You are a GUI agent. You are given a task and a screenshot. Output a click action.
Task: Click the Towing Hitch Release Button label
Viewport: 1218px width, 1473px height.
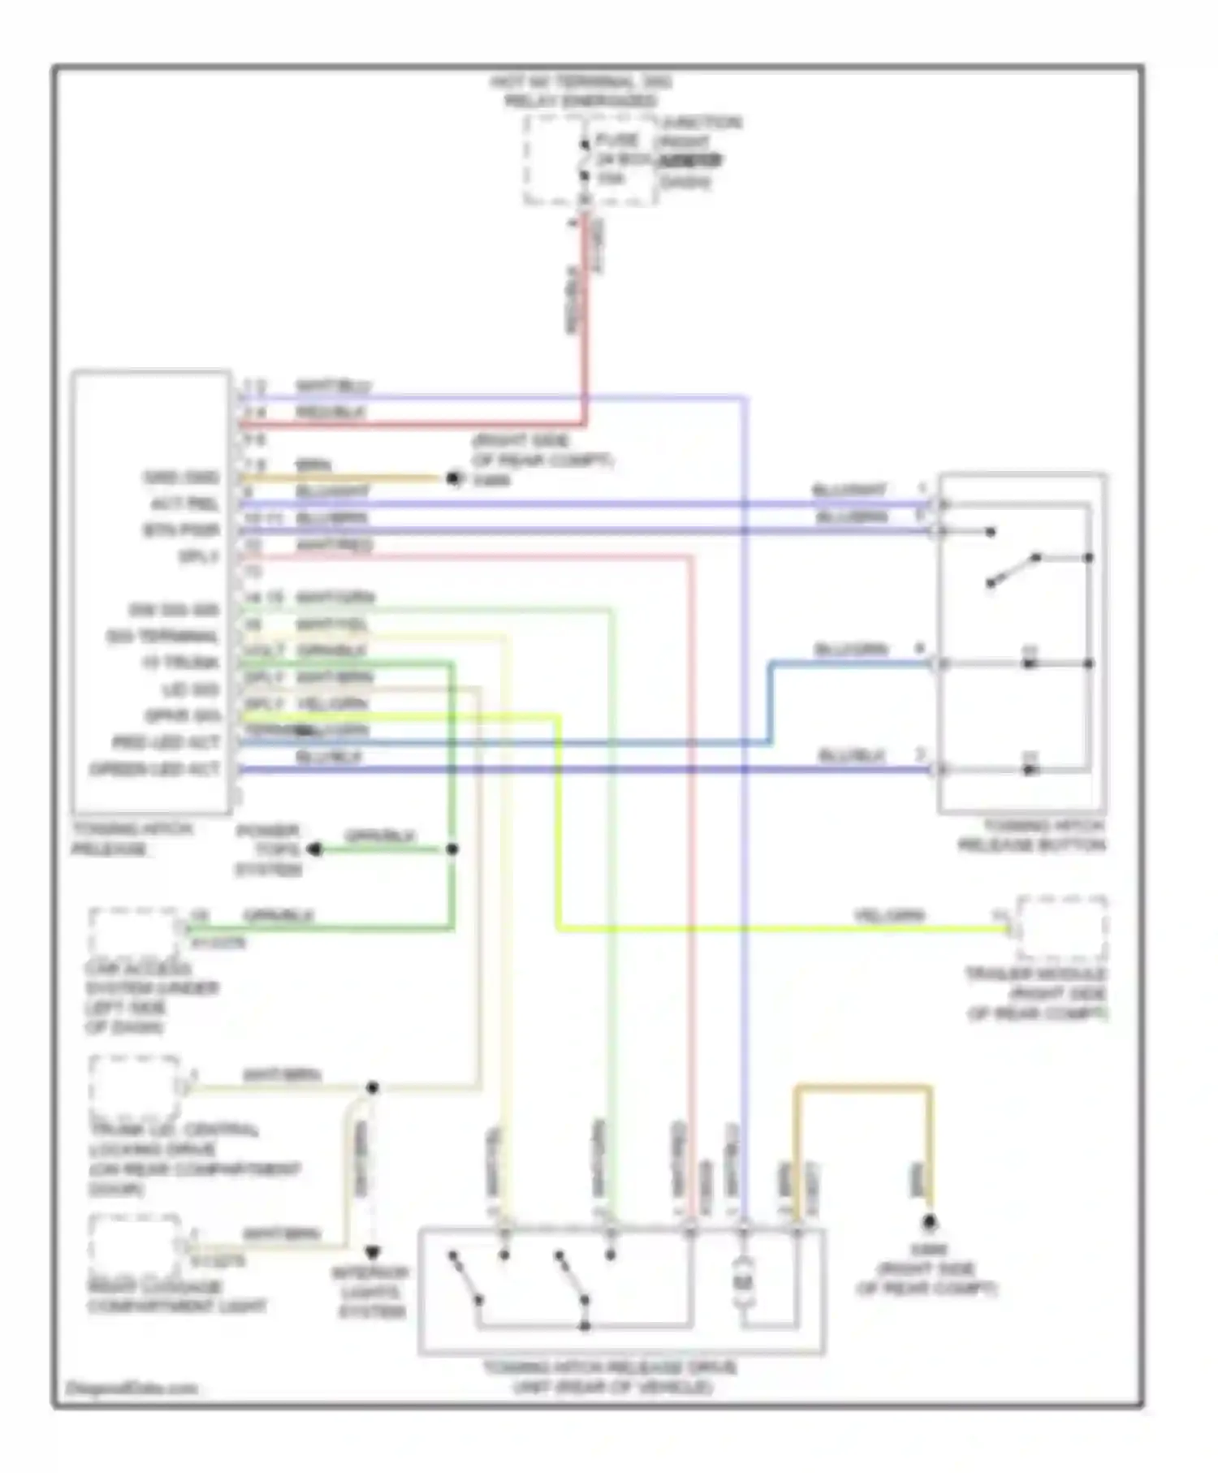pos(1031,836)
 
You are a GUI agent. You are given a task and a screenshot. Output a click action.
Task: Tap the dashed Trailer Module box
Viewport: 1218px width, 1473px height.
pos(1061,928)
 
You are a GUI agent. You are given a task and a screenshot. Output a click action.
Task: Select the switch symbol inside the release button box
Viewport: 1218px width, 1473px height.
pos(1013,570)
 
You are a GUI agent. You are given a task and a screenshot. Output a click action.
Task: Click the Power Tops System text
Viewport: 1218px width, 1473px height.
pos(268,850)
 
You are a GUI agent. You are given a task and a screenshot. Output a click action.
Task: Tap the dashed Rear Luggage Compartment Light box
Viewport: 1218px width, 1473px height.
pos(135,1243)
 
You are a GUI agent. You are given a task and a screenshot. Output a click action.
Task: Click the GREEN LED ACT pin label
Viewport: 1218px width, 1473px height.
pos(154,769)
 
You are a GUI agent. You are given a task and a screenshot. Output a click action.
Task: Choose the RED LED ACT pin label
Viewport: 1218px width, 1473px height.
pos(166,742)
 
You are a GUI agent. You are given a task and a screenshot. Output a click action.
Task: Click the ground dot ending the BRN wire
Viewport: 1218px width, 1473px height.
pos(454,479)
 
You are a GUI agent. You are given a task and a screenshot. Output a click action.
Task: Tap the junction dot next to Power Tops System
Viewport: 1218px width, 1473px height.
pos(452,849)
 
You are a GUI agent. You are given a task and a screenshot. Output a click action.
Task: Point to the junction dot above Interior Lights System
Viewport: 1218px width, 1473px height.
pos(373,1087)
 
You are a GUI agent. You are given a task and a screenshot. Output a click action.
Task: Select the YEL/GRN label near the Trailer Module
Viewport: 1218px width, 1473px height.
pos(889,915)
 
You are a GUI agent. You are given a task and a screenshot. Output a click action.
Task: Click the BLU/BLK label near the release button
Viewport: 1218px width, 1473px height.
pos(850,756)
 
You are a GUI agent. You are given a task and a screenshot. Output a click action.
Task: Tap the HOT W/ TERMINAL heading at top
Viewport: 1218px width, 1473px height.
pos(580,82)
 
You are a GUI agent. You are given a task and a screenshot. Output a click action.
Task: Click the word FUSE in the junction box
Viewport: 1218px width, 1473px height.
pos(617,140)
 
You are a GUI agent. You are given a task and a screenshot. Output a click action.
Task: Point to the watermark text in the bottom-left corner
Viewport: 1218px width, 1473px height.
pos(132,1388)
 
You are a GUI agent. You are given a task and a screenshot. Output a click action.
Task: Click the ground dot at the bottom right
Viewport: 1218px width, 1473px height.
pos(929,1222)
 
